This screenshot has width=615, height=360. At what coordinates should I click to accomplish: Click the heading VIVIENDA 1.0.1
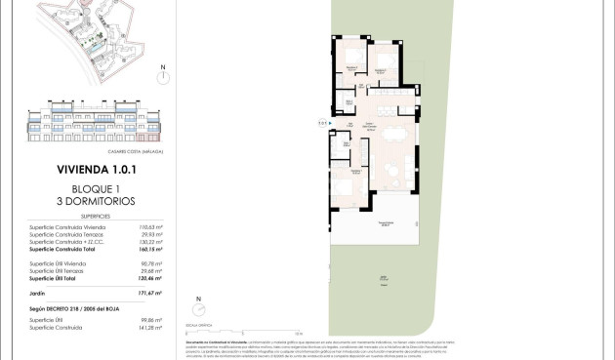pos(96,170)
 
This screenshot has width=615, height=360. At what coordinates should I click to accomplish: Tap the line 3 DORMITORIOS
pos(96,201)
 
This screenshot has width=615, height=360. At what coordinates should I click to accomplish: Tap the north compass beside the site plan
pos(163,76)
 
